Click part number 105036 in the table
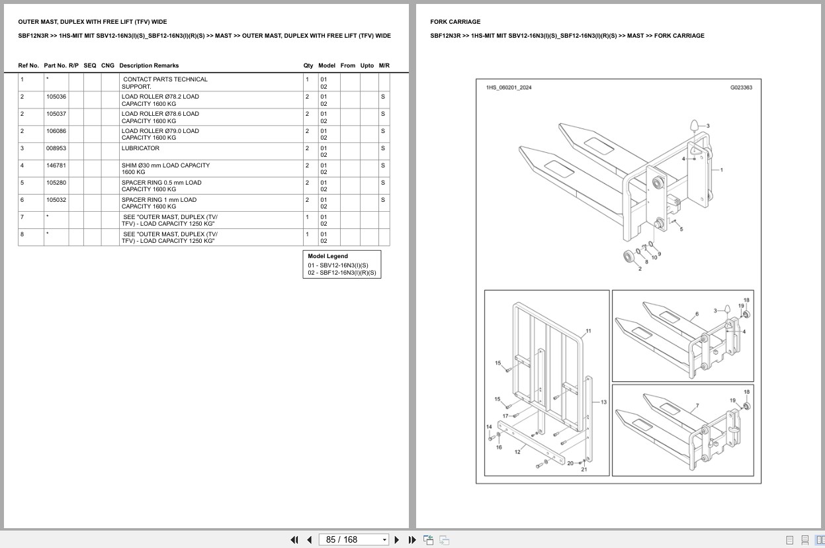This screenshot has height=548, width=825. pyautogui.click(x=56, y=97)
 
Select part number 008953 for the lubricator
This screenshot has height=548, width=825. pyautogui.click(x=56, y=148)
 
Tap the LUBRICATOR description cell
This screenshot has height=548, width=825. pyautogui.click(x=140, y=148)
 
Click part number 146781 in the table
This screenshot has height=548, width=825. pyautogui.click(x=56, y=165)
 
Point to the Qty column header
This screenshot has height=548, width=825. pyautogui.click(x=308, y=66)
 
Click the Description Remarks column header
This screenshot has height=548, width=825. pyautogui.click(x=149, y=66)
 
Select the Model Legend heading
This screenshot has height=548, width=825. pyautogui.click(x=327, y=256)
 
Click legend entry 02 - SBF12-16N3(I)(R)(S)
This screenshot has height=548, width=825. pyautogui.click(x=342, y=273)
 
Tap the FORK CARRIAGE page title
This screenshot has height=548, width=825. pyautogui.click(x=455, y=22)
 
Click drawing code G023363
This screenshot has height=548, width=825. pyautogui.click(x=741, y=88)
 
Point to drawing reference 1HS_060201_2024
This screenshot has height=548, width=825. pyautogui.click(x=509, y=88)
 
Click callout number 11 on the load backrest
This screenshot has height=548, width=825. pyautogui.click(x=588, y=331)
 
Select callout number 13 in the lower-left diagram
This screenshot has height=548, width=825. pyautogui.click(x=603, y=402)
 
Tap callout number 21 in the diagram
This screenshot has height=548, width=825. pyautogui.click(x=584, y=469)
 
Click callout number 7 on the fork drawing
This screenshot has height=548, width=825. pyautogui.click(x=697, y=406)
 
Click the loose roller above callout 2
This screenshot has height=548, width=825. pyautogui.click(x=629, y=256)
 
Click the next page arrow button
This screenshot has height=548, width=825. pyautogui.click(x=397, y=540)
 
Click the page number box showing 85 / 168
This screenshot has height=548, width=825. pyautogui.click(x=353, y=540)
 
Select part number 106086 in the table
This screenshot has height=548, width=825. pyautogui.click(x=56, y=131)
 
